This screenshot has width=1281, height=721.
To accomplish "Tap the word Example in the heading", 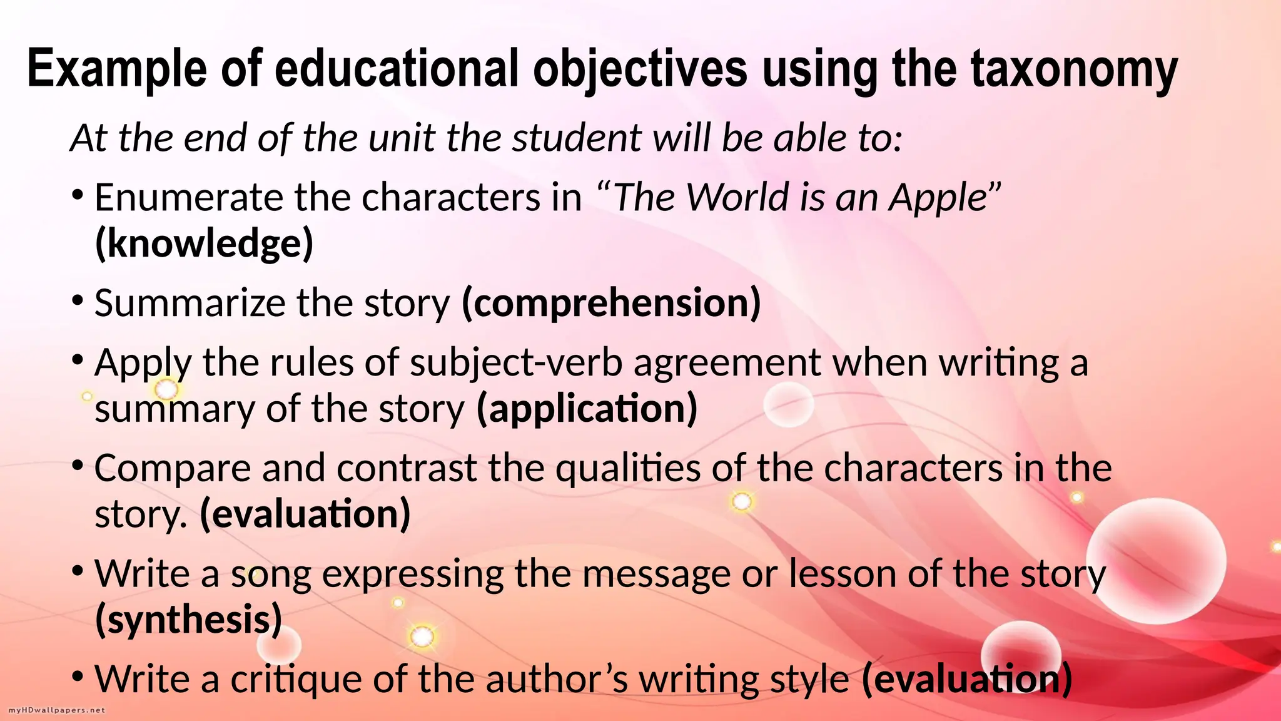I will pos(116,69).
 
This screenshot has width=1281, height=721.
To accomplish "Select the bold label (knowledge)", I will pos(204,243).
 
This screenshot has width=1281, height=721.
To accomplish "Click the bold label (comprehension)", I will pos(611,303).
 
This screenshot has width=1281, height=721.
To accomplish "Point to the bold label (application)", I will pos(587,409).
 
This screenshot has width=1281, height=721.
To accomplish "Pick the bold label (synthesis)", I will pos(188,619).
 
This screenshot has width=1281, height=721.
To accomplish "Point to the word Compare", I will pos(173,469).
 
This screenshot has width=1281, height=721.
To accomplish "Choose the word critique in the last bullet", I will pos(296,679).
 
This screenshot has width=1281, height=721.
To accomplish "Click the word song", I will pos(271,575).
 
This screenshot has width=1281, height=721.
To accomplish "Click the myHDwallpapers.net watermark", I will pos(57,710).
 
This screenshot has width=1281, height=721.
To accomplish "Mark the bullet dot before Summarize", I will pos(78,300).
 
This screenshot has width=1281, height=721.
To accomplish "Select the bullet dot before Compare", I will pos(78,466).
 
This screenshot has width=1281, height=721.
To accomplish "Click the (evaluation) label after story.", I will pos(305,514).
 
